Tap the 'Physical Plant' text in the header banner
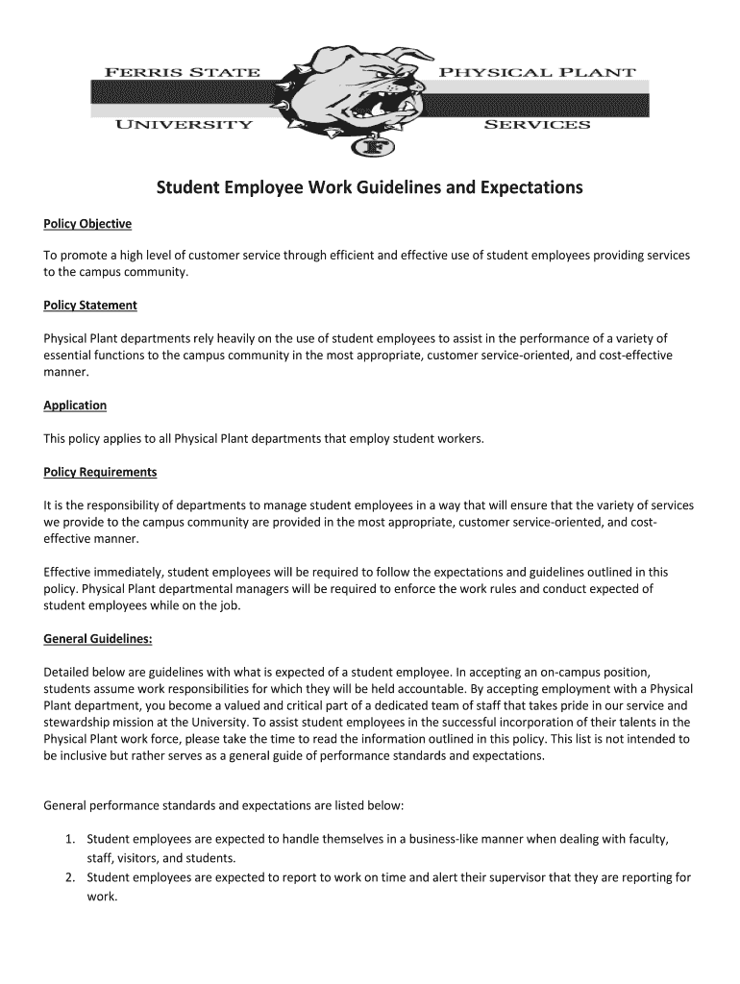point(536,72)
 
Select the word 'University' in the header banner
point(184,125)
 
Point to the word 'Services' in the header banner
point(536,125)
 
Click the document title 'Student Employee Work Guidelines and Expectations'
point(370,187)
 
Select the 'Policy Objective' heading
point(87,225)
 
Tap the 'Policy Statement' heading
point(90,306)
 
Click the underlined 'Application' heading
point(75,406)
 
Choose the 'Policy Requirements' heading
point(100,473)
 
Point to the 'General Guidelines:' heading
point(98,638)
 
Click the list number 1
point(70,840)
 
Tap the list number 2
point(70,878)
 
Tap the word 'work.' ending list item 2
point(102,897)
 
